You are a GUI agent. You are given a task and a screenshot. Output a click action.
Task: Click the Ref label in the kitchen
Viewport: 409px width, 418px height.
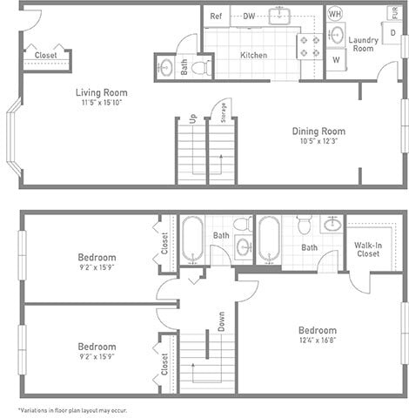216,16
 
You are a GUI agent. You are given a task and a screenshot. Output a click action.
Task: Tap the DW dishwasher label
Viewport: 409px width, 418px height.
249,16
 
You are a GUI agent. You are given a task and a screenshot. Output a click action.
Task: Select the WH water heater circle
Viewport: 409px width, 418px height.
334,14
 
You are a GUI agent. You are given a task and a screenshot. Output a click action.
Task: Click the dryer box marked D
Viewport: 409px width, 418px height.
392,33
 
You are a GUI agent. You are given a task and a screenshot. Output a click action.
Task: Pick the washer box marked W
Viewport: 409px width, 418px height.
336,60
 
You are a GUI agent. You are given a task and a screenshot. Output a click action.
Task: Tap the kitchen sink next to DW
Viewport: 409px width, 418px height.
278,16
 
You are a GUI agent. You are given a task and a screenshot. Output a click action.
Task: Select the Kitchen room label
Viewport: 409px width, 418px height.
253,55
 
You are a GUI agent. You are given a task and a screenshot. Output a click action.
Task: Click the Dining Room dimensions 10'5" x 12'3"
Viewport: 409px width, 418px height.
318,141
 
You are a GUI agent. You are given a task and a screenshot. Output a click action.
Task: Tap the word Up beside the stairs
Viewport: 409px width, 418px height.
192,119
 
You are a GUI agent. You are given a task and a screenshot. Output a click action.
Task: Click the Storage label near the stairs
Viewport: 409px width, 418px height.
224,114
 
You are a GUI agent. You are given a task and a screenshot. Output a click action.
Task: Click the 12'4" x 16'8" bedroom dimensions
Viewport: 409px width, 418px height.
317,341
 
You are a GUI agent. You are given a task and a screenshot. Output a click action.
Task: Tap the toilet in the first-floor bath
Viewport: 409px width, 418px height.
199,66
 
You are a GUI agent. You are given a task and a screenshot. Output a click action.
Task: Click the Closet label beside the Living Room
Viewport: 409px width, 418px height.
46,55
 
